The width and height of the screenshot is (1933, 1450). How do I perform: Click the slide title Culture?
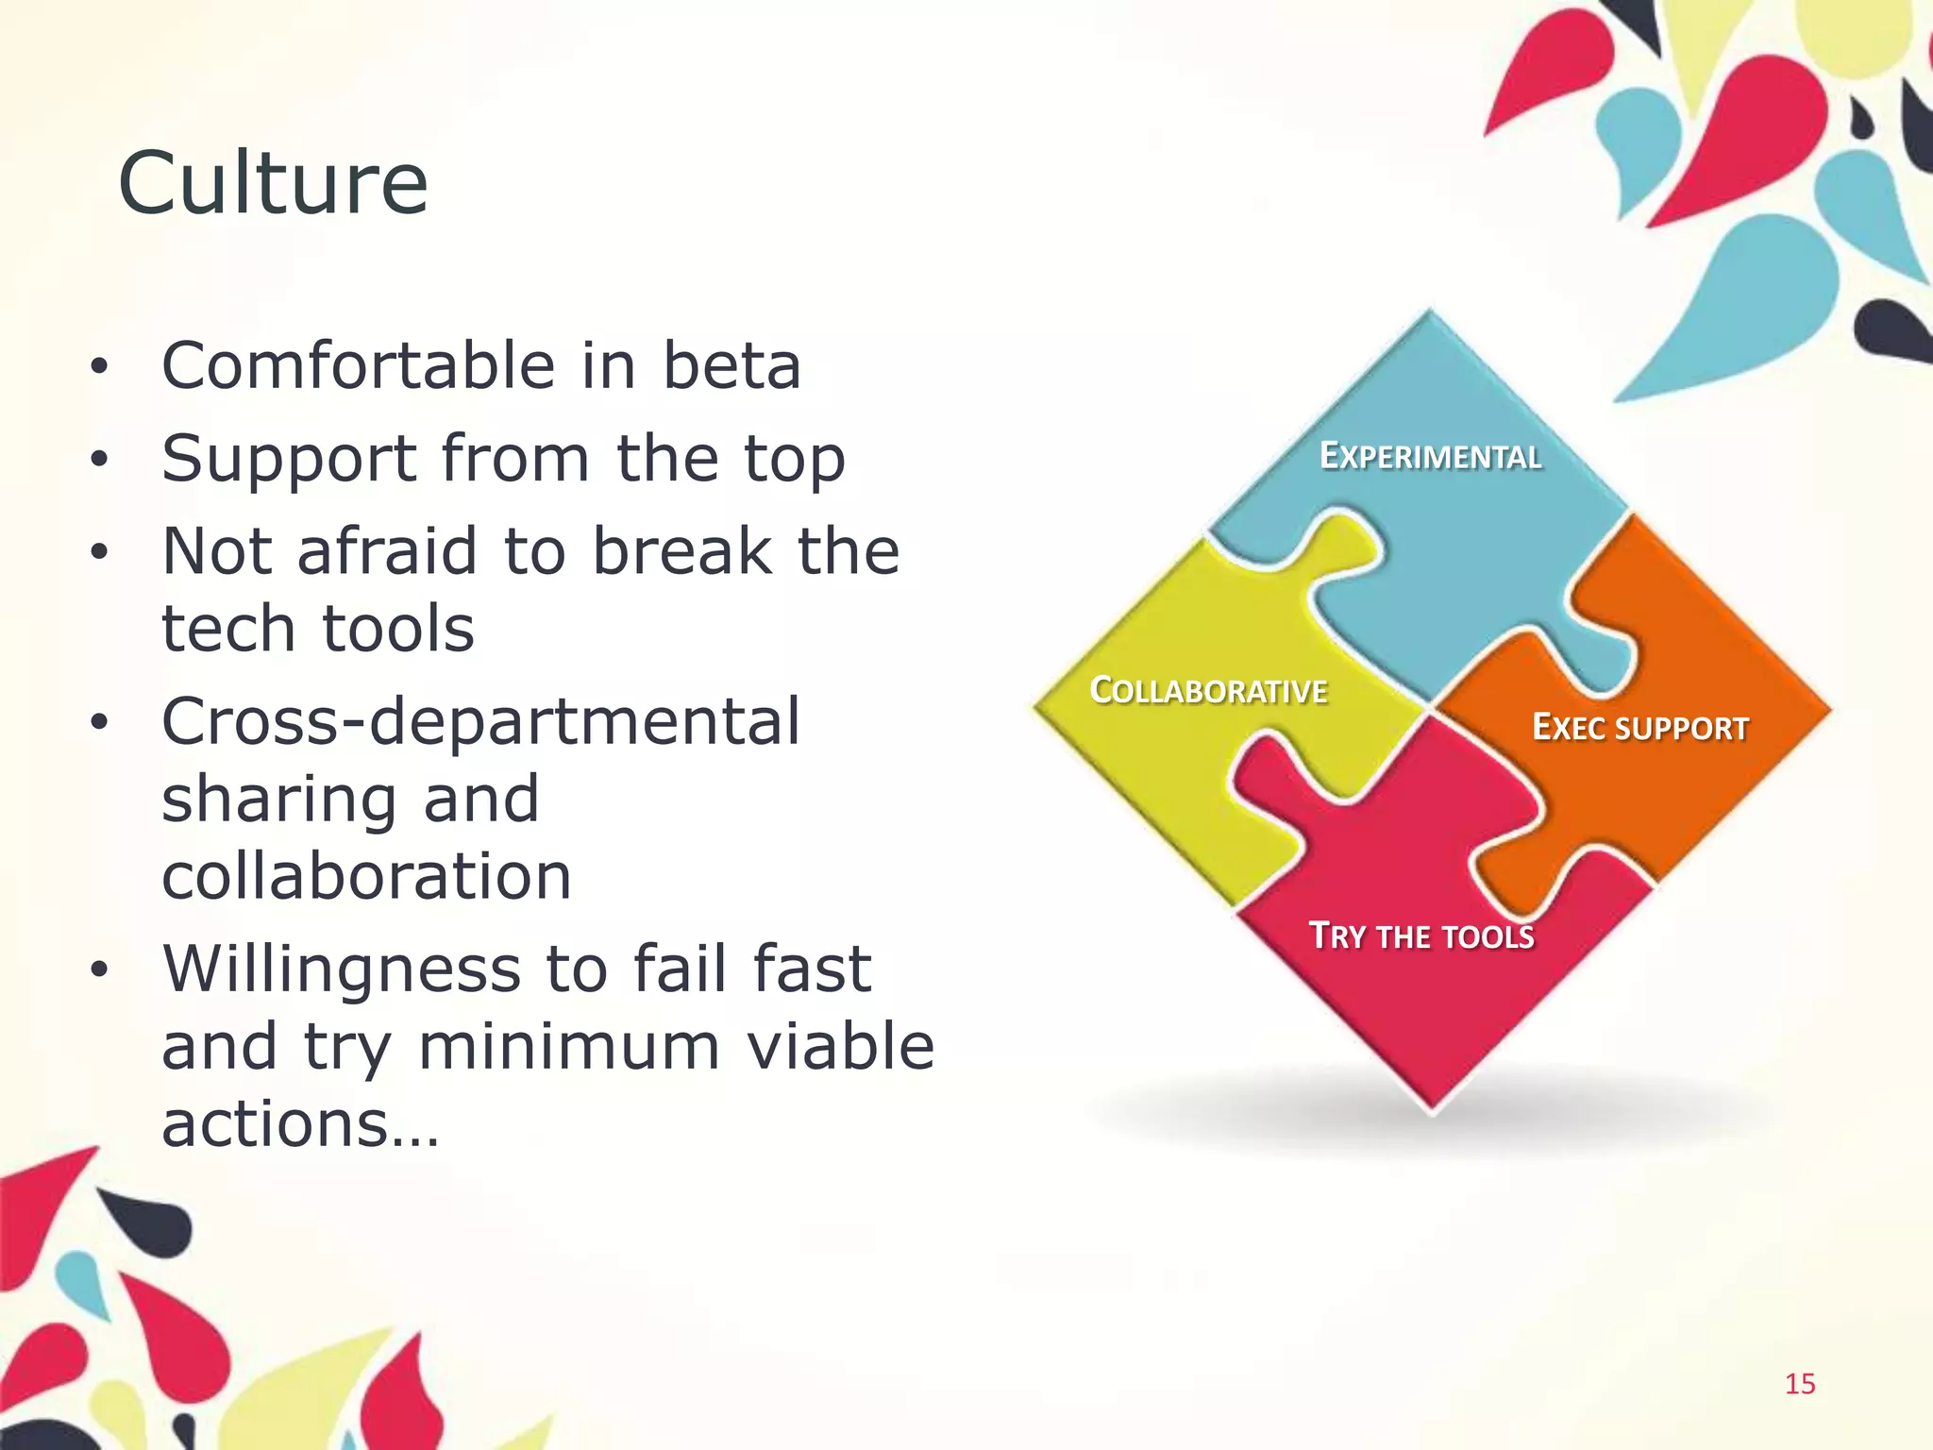(273, 183)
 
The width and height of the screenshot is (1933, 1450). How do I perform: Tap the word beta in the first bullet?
(731, 365)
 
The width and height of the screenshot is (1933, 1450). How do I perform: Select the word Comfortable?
(358, 365)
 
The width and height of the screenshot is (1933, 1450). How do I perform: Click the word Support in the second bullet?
(289, 459)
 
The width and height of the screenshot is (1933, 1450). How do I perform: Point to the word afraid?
(387, 551)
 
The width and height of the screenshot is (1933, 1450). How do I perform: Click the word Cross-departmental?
(480, 721)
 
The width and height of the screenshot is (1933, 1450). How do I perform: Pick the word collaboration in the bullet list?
(366, 876)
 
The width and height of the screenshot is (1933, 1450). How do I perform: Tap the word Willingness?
(341, 969)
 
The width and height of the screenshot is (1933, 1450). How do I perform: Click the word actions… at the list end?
(300, 1124)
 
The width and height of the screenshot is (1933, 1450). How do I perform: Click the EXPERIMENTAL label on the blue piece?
(1430, 457)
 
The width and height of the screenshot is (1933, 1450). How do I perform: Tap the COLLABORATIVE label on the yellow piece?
(1208, 691)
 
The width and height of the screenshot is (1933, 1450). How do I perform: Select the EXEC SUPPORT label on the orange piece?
(1639, 728)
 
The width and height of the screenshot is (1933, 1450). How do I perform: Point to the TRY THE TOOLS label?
(1421, 936)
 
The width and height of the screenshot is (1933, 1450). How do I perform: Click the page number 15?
(1800, 1384)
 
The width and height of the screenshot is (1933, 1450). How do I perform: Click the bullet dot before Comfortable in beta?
(99, 368)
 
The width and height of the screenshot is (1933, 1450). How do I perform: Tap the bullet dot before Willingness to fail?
(99, 971)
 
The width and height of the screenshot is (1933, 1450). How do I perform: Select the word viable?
(840, 1047)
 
